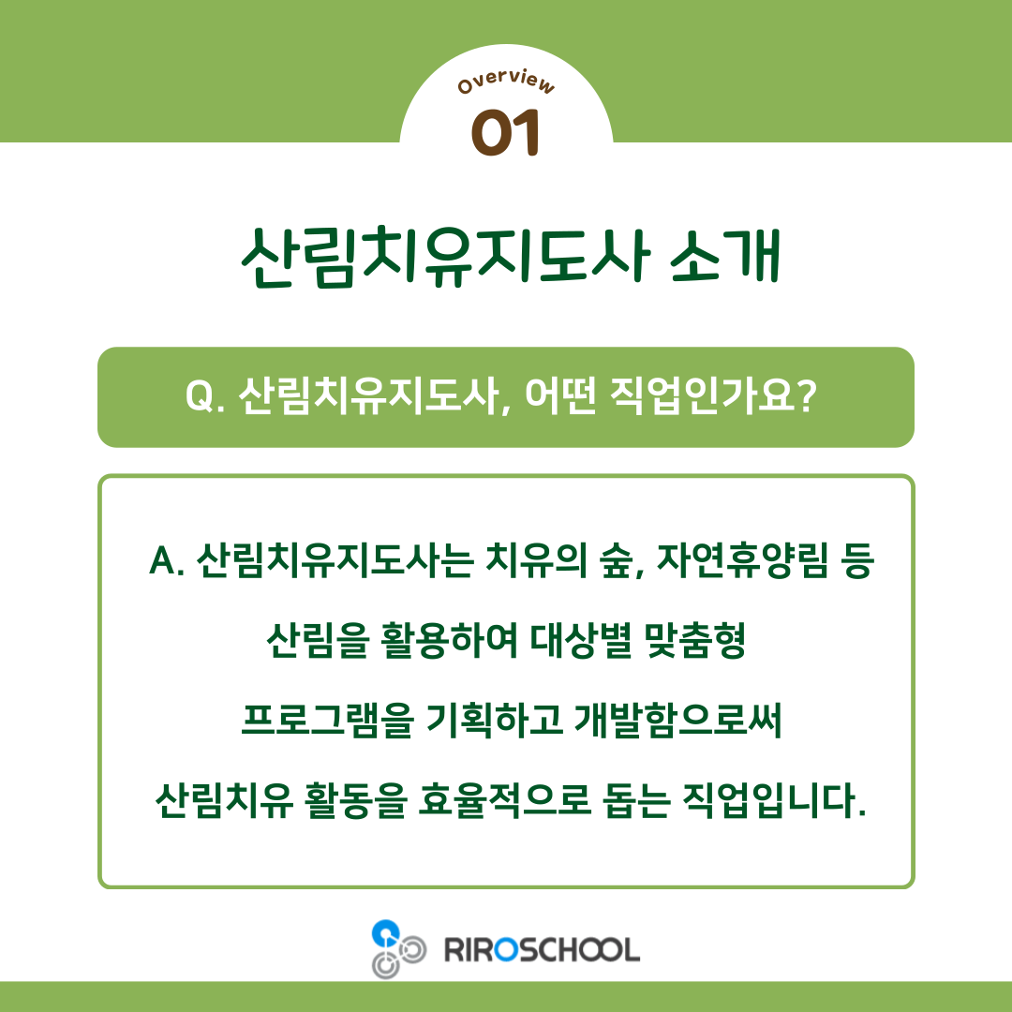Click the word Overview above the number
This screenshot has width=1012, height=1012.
point(506,82)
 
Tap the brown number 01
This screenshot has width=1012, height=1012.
point(505,132)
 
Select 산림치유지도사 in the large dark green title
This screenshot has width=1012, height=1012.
point(446,256)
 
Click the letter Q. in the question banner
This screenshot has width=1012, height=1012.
point(205,395)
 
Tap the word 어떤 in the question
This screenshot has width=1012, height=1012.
point(559,394)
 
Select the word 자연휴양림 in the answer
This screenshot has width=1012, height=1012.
point(741,559)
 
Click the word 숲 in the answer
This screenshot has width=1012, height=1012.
point(616,559)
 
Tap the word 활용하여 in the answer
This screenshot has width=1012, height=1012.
point(449,640)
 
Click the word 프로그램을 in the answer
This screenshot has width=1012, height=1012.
point(327,720)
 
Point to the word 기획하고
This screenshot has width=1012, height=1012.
point(495,720)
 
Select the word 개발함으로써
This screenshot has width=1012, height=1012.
point(677,720)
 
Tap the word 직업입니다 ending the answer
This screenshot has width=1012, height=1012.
point(768,799)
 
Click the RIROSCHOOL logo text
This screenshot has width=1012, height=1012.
point(543,950)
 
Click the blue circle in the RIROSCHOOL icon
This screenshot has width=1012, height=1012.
point(385,932)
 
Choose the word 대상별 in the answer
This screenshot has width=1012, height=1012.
point(581,640)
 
